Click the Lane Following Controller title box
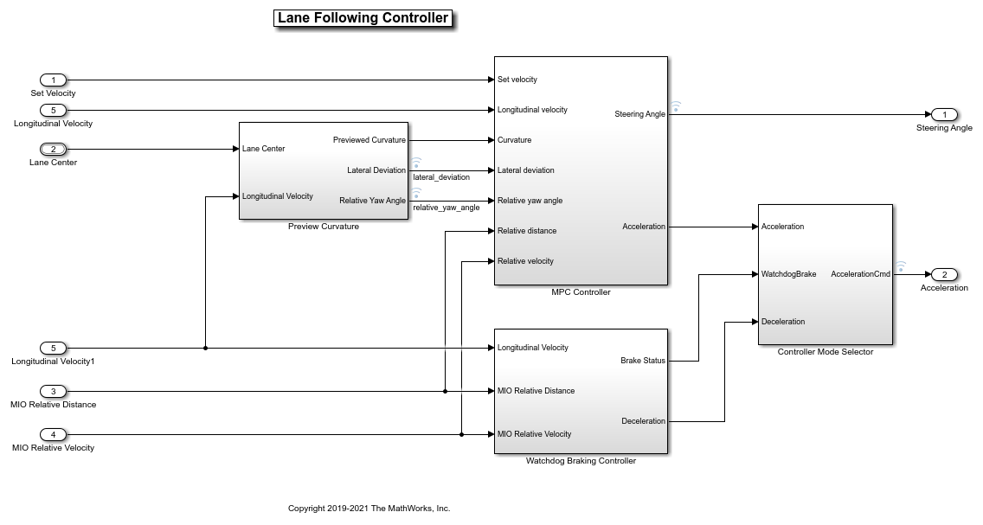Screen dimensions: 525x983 [363, 18]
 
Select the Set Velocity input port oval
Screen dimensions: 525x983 [53, 80]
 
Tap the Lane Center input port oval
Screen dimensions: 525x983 [53, 149]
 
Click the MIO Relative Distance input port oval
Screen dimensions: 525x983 [53, 391]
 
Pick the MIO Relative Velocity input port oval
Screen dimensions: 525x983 [53, 434]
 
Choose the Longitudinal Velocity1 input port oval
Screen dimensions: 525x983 [53, 348]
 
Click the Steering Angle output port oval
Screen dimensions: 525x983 [944, 114]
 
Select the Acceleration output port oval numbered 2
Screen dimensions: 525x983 [944, 274]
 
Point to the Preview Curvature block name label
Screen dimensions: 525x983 [323, 227]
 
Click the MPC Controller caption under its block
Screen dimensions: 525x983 [581, 292]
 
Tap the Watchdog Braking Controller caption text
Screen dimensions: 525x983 [581, 461]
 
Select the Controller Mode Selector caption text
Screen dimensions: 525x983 [825, 352]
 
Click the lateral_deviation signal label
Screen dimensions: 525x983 [441, 177]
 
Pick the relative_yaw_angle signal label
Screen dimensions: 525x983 [446, 208]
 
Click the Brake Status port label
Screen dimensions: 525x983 [643, 361]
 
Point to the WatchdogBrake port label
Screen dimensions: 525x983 [788, 274]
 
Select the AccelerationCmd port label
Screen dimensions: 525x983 [860, 274]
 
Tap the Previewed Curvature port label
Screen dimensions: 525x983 [369, 140]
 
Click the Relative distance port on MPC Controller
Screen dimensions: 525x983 [527, 231]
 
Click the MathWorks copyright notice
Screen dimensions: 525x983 [369, 509]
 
